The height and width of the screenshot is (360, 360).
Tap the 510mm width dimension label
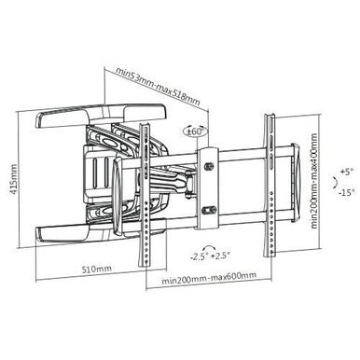[90, 270]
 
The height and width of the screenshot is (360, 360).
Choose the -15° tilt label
[347, 194]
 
